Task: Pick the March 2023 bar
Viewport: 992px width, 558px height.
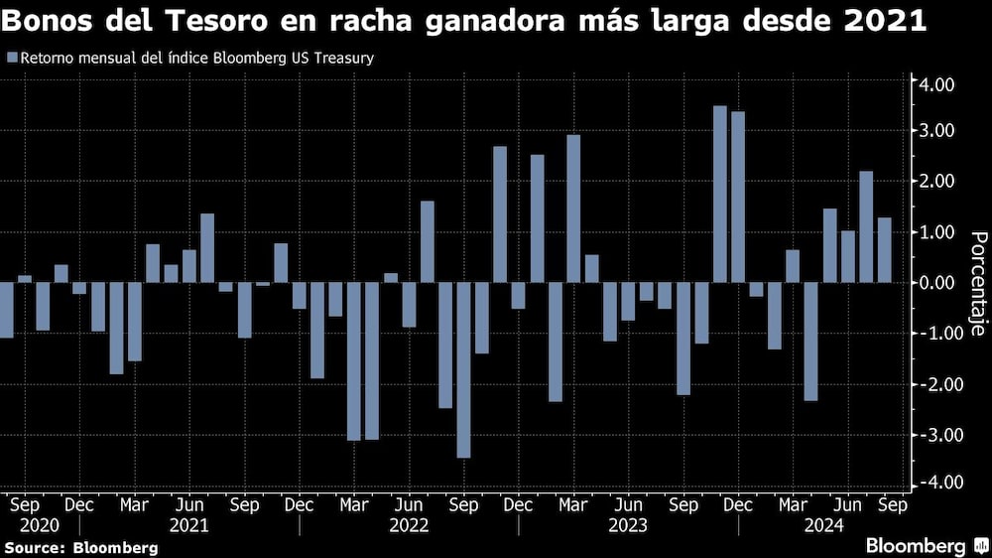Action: (573, 209)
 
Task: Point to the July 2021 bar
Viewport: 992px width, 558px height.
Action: (207, 247)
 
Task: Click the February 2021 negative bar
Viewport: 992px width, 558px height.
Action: (116, 328)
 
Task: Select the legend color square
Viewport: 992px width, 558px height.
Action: (11, 59)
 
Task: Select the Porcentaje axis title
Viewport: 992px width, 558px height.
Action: (976, 283)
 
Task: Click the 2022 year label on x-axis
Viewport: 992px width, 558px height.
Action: (409, 524)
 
